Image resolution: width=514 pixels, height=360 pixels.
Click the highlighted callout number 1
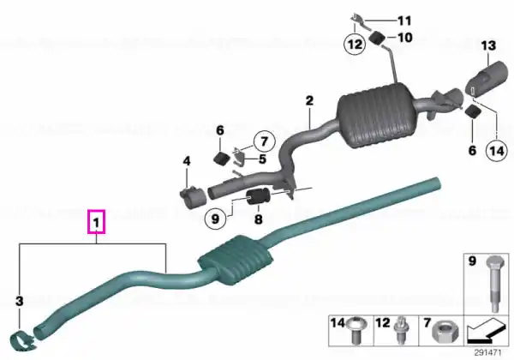96,222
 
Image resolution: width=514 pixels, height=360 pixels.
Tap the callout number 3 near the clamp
20,300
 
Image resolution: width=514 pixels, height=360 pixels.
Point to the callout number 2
309,100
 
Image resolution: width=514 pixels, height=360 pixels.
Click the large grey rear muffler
374,115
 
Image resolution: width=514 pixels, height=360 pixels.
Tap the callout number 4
187,161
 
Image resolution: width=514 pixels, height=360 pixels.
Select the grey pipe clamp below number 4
193,197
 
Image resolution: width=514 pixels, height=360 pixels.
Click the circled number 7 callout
264,141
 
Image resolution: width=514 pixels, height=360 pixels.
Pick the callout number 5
262,159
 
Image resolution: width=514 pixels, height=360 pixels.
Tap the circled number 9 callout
215,219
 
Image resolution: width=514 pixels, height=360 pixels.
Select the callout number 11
404,21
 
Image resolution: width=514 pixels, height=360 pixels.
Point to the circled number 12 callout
355,44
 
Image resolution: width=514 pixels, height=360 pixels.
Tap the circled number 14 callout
496,151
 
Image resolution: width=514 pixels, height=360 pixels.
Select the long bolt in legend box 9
494,283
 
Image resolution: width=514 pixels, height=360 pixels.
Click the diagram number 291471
487,353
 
